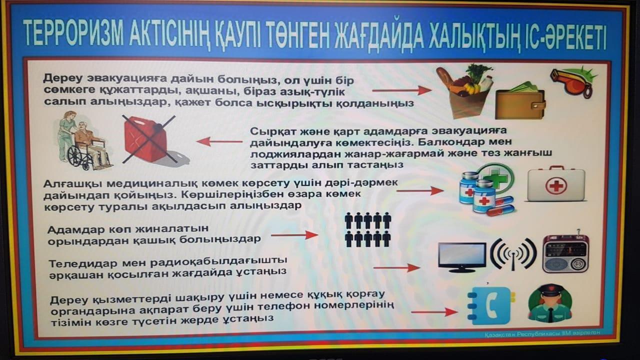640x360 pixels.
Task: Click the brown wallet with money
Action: pyautogui.click(x=520, y=100)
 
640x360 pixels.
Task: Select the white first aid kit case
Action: pyautogui.click(x=555, y=184)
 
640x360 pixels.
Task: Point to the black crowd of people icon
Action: pyautogui.click(x=367, y=229)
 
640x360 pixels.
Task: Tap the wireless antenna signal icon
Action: pyautogui.click(x=513, y=254)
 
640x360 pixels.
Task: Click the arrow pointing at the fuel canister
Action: pyautogui.click(x=219, y=141)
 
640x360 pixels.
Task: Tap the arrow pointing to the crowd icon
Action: pyautogui.click(x=294, y=235)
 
